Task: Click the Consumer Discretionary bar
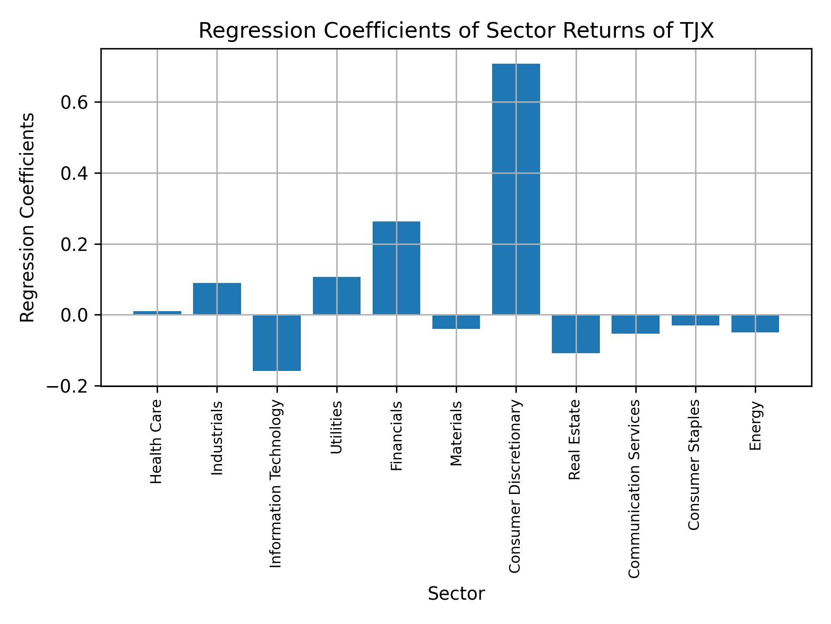[x=516, y=189]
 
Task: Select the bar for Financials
[x=396, y=268]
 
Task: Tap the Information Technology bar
[x=277, y=343]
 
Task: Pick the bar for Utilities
[x=336, y=296]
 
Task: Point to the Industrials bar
[x=217, y=299]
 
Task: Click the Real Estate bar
[x=576, y=334]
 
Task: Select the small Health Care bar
[x=157, y=312]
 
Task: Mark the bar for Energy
[x=755, y=323]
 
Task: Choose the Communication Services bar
[x=635, y=324]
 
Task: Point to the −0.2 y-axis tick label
[x=69, y=387]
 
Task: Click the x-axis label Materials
[x=456, y=433]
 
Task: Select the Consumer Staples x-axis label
[x=694, y=465]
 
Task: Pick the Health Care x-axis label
[x=156, y=441]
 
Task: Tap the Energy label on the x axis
[x=755, y=426]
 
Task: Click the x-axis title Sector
[x=456, y=594]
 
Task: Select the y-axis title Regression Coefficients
[x=28, y=218]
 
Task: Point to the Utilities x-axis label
[x=336, y=427]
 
